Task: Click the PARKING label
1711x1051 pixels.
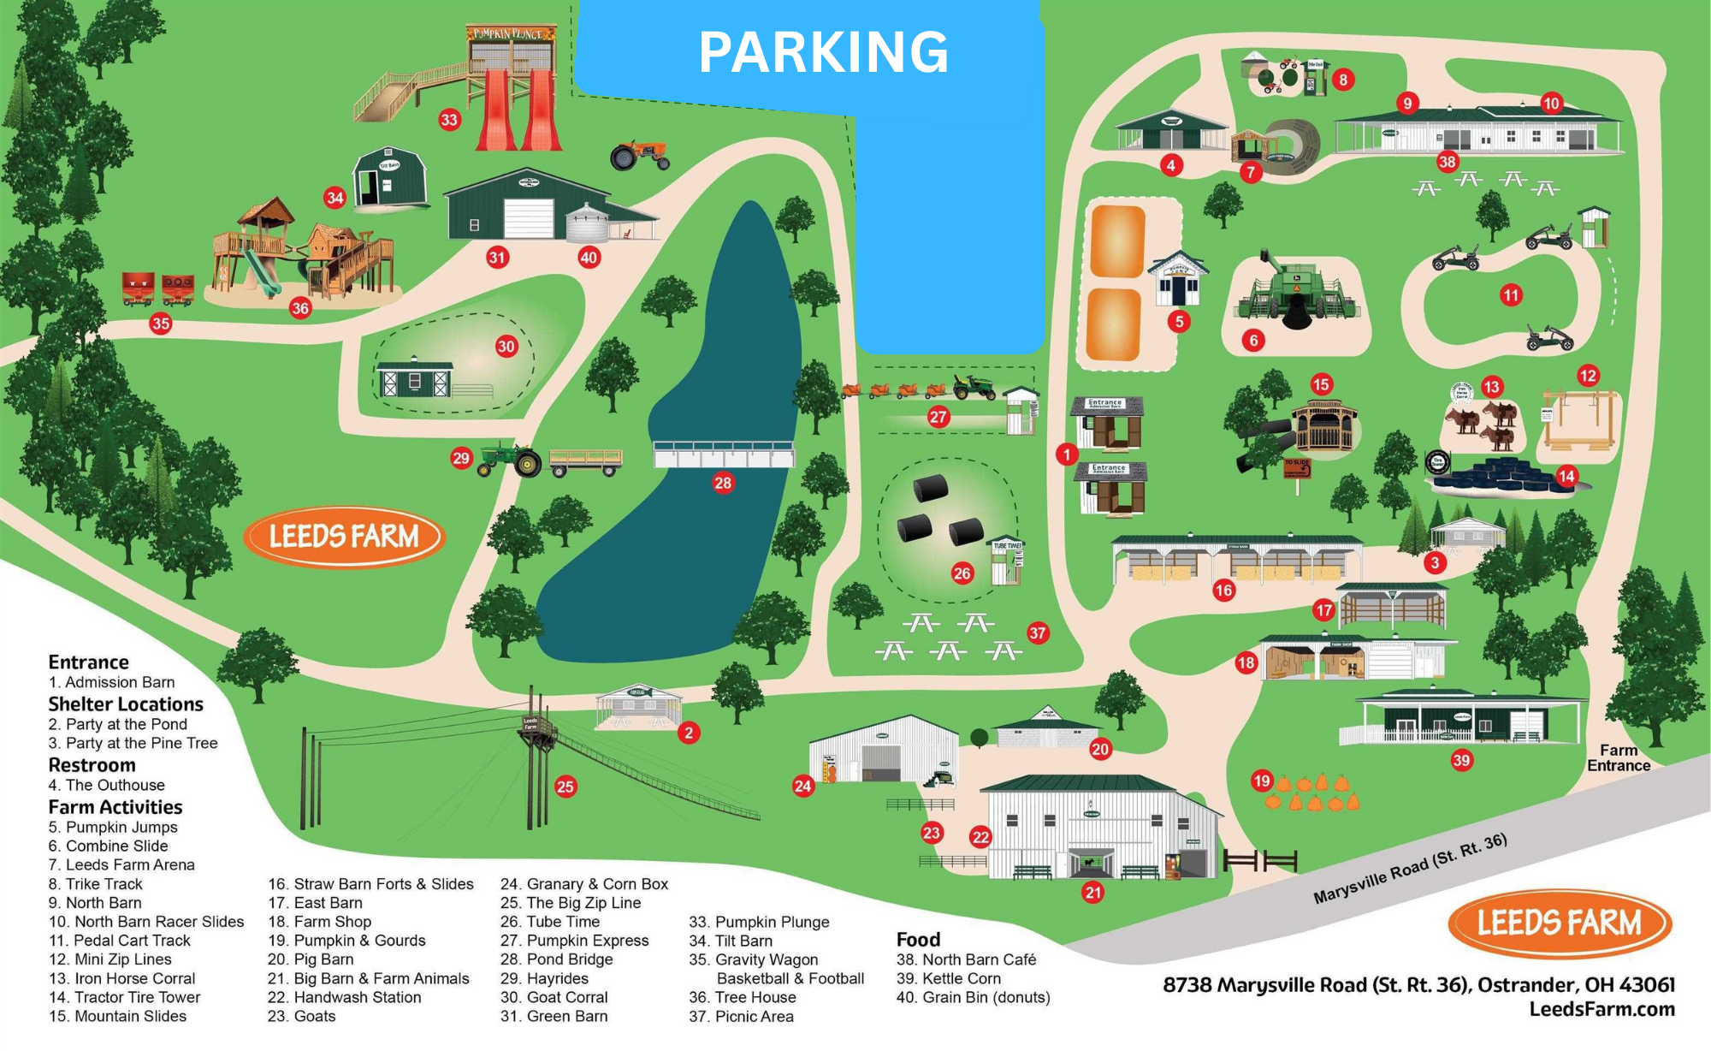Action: (823, 52)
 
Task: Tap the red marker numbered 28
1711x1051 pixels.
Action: (723, 483)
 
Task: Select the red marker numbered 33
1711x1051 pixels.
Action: (449, 120)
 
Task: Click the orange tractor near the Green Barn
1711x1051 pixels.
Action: (639, 155)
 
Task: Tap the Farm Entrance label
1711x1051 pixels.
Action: (1619, 757)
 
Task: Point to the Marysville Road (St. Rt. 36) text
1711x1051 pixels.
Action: (1410, 868)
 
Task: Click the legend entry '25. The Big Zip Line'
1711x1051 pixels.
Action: (571, 903)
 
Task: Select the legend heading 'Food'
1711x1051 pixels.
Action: (918, 939)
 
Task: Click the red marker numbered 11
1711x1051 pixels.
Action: (1511, 295)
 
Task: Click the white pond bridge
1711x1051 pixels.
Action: (723, 454)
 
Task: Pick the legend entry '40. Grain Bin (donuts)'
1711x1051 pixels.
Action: (973, 997)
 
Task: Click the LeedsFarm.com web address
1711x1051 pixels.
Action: (1601, 1009)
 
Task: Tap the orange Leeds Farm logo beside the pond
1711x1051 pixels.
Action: (344, 537)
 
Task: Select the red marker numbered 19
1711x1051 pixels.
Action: (1262, 780)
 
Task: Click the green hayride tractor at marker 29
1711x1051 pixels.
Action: (509, 460)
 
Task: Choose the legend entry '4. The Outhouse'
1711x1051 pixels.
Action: (106, 785)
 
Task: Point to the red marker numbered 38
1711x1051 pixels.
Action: (1447, 162)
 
